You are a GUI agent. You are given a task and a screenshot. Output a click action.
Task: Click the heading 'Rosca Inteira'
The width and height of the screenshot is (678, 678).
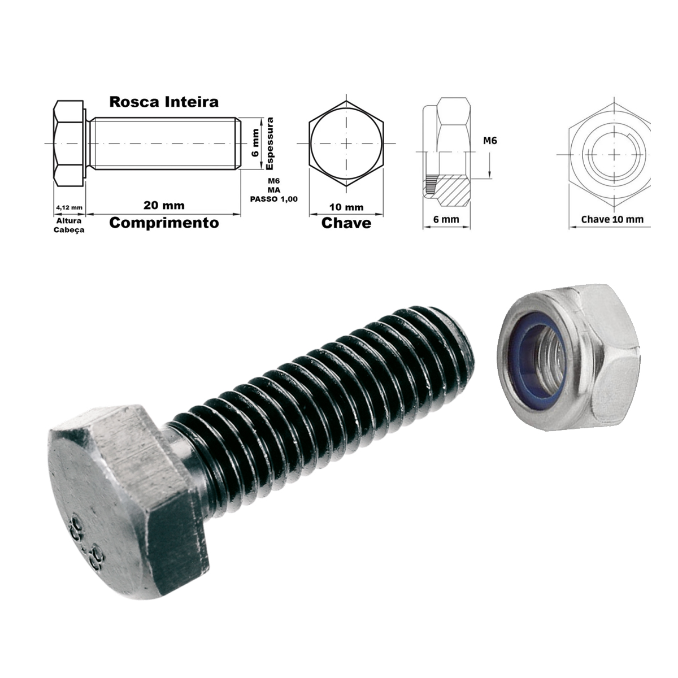point(164,102)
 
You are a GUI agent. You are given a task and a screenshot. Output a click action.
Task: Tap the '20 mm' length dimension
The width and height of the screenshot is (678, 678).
point(164,205)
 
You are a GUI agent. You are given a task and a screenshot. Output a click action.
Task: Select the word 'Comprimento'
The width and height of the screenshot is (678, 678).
point(164,223)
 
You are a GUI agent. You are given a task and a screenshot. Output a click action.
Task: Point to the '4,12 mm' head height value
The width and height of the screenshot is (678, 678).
point(69,207)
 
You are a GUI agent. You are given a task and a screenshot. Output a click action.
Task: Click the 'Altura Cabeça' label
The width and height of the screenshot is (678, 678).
point(69,225)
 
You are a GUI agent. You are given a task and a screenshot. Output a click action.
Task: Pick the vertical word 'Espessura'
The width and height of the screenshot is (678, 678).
point(270,143)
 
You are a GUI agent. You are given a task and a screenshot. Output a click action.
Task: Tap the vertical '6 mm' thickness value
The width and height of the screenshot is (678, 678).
point(255,142)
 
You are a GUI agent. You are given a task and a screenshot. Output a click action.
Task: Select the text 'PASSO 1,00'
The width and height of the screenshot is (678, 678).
point(273,199)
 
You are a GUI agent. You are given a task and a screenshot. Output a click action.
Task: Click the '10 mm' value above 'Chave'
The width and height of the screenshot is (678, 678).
point(346,207)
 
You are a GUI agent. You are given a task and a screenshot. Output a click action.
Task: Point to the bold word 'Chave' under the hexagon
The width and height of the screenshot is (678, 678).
point(346,223)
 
